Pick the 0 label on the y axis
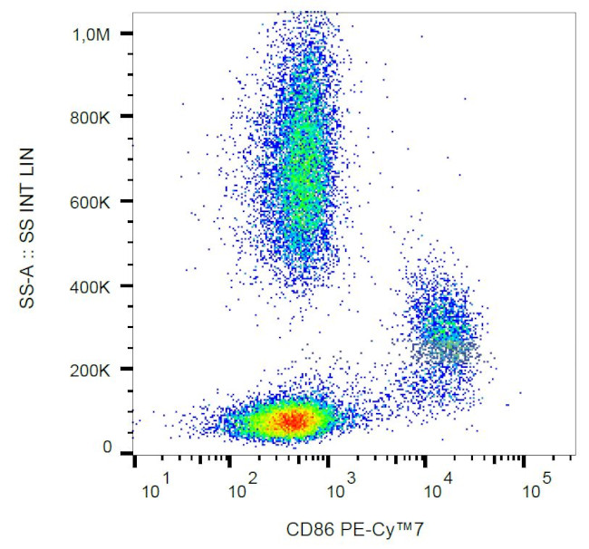pyautogui.click(x=107, y=448)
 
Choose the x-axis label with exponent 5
pyautogui.click(x=536, y=491)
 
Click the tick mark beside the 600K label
pyautogui.click(x=126, y=201)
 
